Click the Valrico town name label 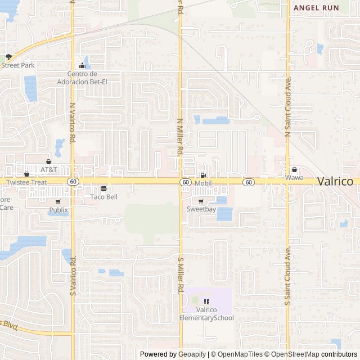pos(335,182)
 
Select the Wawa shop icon pos(294,170)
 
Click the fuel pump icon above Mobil pos(202,175)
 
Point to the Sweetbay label pos(201,209)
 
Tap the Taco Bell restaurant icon pos(103,189)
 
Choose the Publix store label pos(58,210)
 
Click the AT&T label pos(49,169)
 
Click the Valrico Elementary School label pos(206,314)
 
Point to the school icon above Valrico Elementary pos(206,302)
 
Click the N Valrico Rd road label pos(73,121)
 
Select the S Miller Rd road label pos(181,275)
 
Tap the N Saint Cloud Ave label pos(287,107)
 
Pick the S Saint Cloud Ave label pos(287,275)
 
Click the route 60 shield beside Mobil pos(185,182)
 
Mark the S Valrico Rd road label pos(73,276)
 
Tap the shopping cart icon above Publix pos(58,202)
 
